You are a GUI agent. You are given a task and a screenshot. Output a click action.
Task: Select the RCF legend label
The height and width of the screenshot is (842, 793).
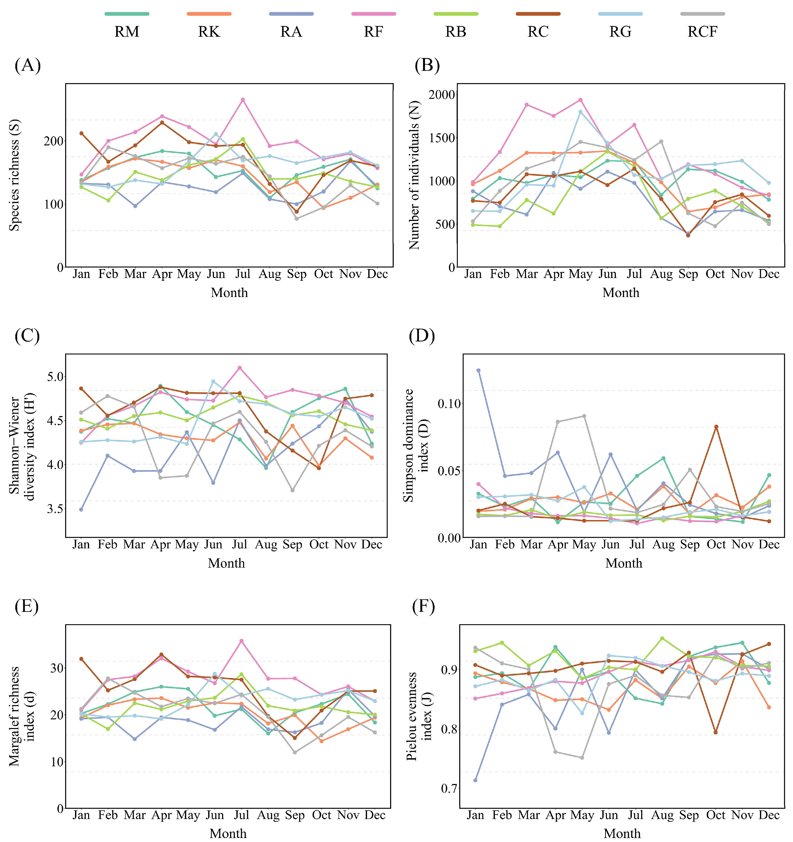tap(702, 32)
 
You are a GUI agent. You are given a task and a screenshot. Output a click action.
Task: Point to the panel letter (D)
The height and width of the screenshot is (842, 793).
tap(422, 336)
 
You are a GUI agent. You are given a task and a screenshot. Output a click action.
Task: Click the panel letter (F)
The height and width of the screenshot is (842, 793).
tap(424, 606)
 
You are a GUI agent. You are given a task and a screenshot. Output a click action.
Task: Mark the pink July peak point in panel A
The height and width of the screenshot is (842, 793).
tap(243, 100)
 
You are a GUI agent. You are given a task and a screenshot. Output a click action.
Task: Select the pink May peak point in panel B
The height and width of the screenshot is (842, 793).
tap(580, 100)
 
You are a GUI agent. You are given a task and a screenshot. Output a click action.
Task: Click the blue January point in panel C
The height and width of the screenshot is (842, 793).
tap(81, 509)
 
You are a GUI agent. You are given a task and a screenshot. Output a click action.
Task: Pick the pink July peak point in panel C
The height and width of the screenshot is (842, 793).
tap(239, 368)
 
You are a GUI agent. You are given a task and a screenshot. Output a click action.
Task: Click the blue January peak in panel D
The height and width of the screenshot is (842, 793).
tap(479, 370)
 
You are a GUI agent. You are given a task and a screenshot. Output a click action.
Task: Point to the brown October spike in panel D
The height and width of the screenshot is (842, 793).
tap(716, 427)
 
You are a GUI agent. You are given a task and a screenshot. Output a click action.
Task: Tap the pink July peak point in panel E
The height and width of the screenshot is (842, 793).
tap(241, 641)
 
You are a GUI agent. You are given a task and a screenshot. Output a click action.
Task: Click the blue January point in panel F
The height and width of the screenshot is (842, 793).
tap(475, 780)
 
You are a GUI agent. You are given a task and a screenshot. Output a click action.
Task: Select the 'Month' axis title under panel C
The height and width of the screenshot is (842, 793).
tap(226, 563)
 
